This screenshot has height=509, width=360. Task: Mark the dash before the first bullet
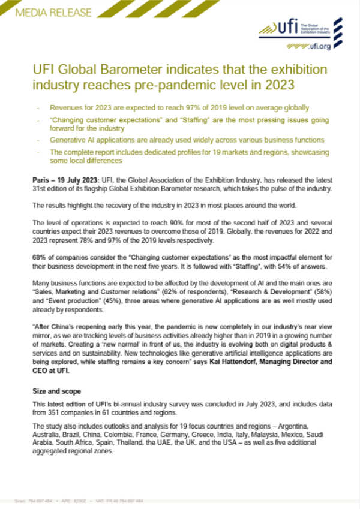(x=39, y=108)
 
